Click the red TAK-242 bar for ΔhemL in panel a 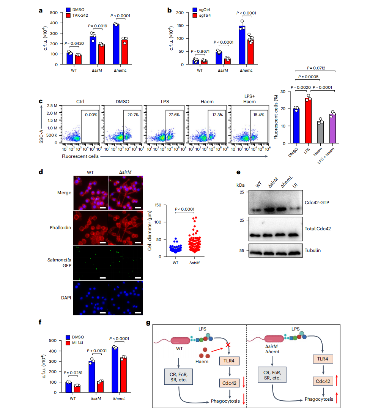(125, 52)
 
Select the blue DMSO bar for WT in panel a (70, 58)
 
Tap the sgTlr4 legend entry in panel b (202, 15)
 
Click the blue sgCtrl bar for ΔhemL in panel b (242, 45)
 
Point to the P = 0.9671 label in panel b (200, 51)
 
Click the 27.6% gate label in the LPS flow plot (174, 115)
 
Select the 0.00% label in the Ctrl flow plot (91, 115)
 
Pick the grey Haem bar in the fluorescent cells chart (320, 132)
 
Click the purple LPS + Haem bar (332, 129)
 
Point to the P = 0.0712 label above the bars (316, 68)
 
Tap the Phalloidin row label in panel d (60, 228)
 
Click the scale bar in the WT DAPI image (103, 313)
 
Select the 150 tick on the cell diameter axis (158, 205)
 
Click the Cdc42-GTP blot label (317, 203)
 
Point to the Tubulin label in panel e (313, 250)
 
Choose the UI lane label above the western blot (295, 185)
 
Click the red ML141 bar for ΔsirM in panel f (100, 387)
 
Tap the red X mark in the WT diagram (228, 345)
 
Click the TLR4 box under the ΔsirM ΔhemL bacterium (323, 359)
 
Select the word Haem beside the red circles (202, 362)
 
